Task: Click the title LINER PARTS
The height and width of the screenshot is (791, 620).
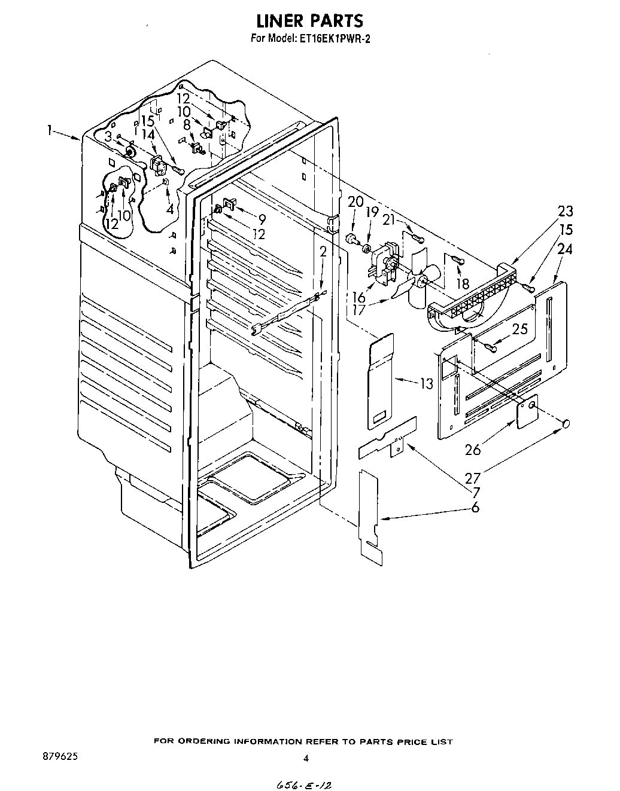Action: [309, 21]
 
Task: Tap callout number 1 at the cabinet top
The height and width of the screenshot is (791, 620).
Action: [52, 130]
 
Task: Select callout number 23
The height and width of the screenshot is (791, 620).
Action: [564, 211]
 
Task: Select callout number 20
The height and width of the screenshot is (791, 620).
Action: [355, 201]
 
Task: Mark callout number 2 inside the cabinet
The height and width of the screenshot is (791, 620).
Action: [323, 252]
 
